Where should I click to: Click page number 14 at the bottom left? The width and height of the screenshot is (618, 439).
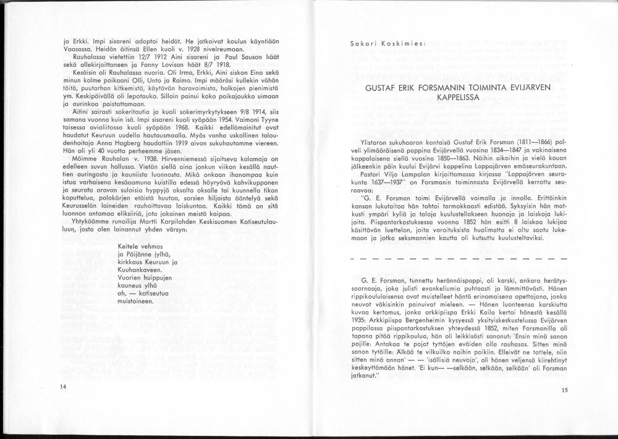click(63, 386)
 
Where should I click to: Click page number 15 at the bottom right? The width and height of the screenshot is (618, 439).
click(564, 390)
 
